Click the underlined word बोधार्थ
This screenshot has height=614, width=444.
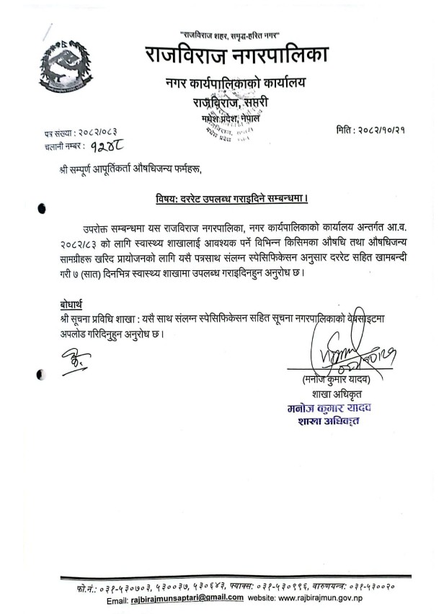pos(75,302)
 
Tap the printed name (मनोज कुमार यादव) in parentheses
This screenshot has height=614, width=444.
pos(337,380)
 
